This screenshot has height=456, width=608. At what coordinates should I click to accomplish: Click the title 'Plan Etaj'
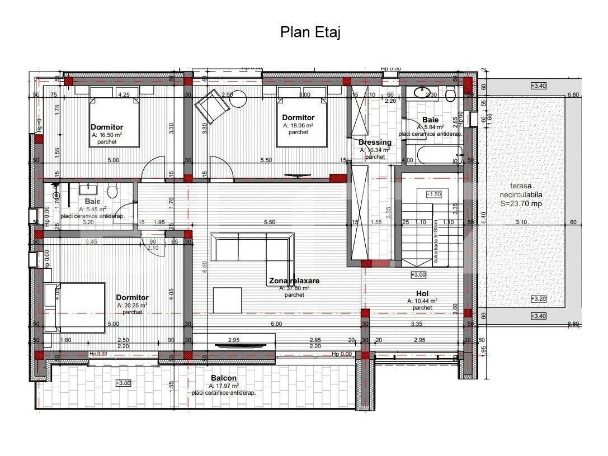pyautogui.click(x=310, y=32)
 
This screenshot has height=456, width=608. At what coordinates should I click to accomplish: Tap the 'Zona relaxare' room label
pyautogui.click(x=294, y=281)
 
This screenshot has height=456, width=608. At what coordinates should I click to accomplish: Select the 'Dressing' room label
pyautogui.click(x=375, y=142)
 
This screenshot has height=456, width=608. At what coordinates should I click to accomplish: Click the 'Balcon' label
pyautogui.click(x=224, y=378)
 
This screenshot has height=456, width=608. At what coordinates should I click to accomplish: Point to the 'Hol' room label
pyautogui.click(x=422, y=293)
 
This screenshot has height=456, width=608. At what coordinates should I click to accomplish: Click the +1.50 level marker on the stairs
pyautogui.click(x=434, y=194)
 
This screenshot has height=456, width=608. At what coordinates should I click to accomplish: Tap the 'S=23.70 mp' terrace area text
pyautogui.click(x=521, y=204)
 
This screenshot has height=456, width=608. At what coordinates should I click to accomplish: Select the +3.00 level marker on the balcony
pyautogui.click(x=123, y=383)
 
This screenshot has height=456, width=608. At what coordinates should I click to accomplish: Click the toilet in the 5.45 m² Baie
pyautogui.click(x=112, y=192)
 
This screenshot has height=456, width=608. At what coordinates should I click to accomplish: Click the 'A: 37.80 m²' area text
pyautogui.click(x=294, y=288)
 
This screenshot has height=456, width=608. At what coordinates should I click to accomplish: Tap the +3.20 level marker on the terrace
pyautogui.click(x=539, y=298)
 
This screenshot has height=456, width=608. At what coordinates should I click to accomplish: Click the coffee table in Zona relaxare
pyautogui.click(x=227, y=300)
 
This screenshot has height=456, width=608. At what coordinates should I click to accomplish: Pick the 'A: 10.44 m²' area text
pyautogui.click(x=422, y=301)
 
